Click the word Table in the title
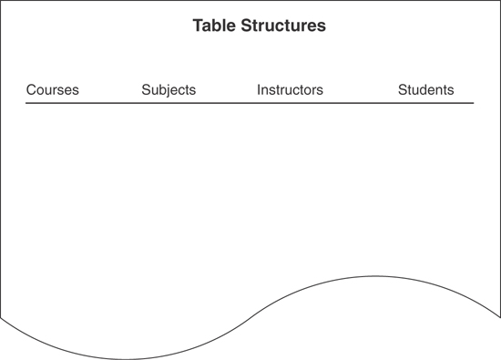point(212,26)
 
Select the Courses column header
point(52,90)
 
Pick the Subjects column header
point(169,90)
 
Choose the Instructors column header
point(290,90)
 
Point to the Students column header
point(425,90)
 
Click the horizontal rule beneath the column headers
point(250,103)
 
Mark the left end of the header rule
point(26,103)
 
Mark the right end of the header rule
point(474,103)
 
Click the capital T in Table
point(198,26)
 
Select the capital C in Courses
point(31,90)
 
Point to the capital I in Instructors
point(259,90)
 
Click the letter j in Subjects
point(166,91)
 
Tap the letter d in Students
point(428,90)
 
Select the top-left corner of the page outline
point(1,1)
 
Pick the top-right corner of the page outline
point(499,1)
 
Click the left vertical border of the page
point(1,164)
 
